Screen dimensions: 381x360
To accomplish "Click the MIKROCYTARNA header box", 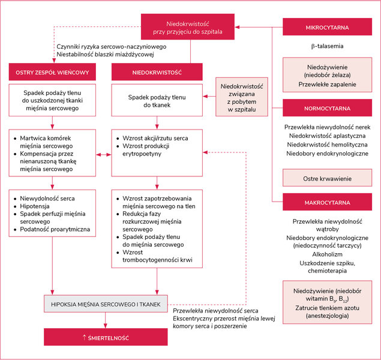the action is pyautogui.click(x=327, y=27).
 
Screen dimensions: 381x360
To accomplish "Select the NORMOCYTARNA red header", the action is pyautogui.click(x=327, y=108).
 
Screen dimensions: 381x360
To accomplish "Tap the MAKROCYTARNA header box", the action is pyautogui.click(x=327, y=202).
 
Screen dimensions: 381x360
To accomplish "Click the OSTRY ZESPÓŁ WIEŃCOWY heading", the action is pyautogui.click(x=52, y=72).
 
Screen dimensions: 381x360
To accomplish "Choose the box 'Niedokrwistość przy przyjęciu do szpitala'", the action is pyautogui.click(x=188, y=27).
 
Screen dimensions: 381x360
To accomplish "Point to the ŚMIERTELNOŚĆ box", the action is pyautogui.click(x=106, y=337).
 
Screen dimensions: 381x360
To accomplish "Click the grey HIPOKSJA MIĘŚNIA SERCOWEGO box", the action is pyautogui.click(x=106, y=304).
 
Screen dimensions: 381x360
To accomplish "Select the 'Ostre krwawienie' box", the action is pyautogui.click(x=327, y=178).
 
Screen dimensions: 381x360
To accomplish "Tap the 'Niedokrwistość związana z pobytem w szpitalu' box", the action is pyautogui.click(x=242, y=97).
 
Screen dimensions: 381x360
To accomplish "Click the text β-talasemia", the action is pyautogui.click(x=327, y=46).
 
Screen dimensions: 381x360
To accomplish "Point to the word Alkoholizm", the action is pyautogui.click(x=327, y=254).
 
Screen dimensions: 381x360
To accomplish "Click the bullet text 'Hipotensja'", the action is pyautogui.click(x=35, y=206).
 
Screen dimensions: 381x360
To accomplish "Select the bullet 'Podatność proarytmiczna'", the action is pyautogui.click(x=55, y=229).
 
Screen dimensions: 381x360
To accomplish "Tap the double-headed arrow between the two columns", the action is pyautogui.click(x=104, y=154).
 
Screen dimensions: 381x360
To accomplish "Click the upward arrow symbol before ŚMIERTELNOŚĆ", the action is pyautogui.click(x=84, y=337).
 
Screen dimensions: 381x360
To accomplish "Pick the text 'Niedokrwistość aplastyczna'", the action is pyautogui.click(x=327, y=136).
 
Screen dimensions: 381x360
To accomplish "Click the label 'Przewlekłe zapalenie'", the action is pyautogui.click(x=327, y=85).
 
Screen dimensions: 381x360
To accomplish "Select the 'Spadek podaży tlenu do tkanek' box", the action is pyautogui.click(x=157, y=100).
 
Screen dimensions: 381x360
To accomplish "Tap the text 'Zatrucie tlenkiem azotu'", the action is pyautogui.click(x=327, y=308).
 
